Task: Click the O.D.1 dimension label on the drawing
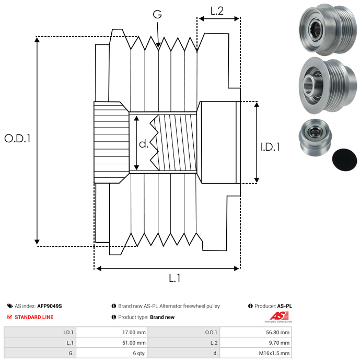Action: (18, 139)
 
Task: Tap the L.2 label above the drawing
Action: (217, 10)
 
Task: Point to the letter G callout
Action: (157, 14)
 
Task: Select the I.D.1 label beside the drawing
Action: (270, 147)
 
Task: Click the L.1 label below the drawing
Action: (175, 278)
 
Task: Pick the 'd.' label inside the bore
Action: (144, 143)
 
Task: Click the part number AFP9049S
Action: (50, 306)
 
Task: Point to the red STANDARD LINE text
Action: (34, 317)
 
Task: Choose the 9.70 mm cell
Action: (280, 343)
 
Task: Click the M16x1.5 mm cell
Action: (275, 353)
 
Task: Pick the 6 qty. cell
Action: (138, 353)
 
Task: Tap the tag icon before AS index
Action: (10, 306)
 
